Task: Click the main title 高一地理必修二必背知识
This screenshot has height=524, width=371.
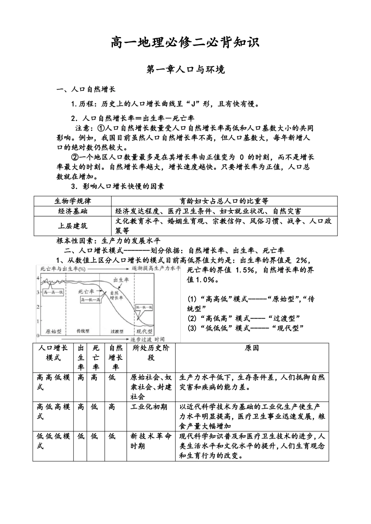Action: point(185,42)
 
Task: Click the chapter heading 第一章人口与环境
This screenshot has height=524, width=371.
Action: point(185,70)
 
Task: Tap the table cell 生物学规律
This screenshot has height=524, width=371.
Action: point(73,201)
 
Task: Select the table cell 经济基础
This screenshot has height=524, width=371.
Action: point(73,211)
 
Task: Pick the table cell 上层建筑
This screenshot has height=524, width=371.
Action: point(73,226)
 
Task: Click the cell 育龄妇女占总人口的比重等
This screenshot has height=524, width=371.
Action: point(224,201)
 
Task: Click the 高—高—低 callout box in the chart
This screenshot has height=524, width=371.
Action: point(54,292)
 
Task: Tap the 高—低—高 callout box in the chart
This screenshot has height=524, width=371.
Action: point(91,299)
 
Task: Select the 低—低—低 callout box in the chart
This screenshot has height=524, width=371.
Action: point(144,307)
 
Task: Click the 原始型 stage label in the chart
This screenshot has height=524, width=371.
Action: point(54,331)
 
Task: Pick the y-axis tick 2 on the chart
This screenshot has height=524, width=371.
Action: point(38,307)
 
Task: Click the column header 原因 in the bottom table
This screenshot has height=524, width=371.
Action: point(252,348)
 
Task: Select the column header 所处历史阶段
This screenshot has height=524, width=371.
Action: point(151,353)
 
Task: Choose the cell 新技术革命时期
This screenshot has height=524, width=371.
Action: point(151,441)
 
